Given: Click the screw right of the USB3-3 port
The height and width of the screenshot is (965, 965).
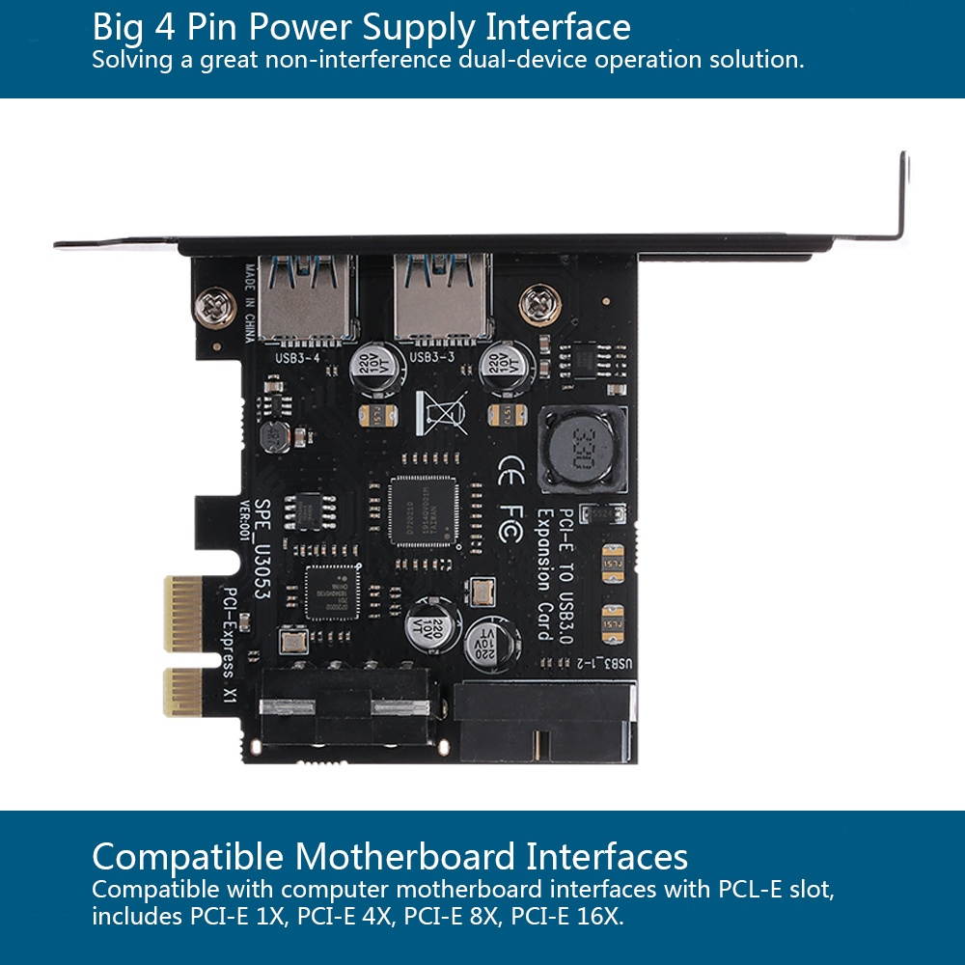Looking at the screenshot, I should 539,305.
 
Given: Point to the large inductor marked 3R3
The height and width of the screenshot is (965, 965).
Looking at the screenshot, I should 582,450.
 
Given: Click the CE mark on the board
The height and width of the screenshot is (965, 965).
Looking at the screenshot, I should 510,472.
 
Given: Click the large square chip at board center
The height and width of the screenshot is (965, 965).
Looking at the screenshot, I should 425,512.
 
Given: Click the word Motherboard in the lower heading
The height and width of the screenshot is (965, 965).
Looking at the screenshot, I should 404,856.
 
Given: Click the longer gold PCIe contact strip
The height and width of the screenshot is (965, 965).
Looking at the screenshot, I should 183,614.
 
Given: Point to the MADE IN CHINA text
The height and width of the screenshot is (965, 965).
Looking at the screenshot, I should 249,304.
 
